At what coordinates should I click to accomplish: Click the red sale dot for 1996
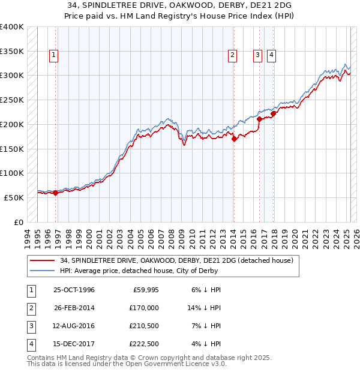point(55,193)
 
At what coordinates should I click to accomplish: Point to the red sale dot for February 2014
point(234,139)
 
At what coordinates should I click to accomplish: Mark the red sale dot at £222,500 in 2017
point(273,113)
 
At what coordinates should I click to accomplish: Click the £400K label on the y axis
point(11,27)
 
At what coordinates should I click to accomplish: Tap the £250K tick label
point(11,100)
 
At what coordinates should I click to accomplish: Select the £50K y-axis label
point(14,197)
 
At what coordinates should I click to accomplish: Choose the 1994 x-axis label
point(27,236)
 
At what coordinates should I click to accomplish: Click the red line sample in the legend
point(43,260)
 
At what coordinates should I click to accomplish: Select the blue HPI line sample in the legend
point(43,271)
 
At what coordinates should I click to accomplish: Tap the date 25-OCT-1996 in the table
point(74,290)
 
